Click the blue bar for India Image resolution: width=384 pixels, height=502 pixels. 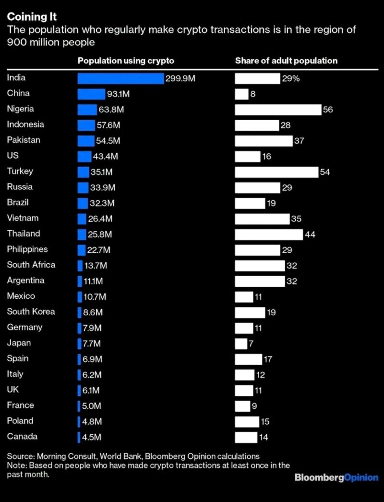pyautogui.click(x=120, y=78)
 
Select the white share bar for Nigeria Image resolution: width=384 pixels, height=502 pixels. pyautogui.click(x=278, y=110)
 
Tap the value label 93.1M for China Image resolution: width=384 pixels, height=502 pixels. pyautogui.click(x=118, y=94)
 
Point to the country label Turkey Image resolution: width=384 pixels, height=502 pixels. pyautogui.click(x=20, y=171)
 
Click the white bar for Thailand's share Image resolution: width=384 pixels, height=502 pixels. pyautogui.click(x=269, y=234)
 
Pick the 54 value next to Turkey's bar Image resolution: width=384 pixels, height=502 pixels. pyautogui.click(x=325, y=172)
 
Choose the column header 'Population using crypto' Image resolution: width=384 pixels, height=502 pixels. pyautogui.click(x=126, y=61)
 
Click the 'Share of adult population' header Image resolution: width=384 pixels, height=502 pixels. pyautogui.click(x=286, y=61)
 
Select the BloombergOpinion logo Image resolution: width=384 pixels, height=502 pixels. pyautogui.click(x=336, y=478)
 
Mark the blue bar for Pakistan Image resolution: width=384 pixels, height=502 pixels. pyautogui.click(x=86, y=141)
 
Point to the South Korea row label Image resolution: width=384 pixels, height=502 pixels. pyautogui.click(x=31, y=312)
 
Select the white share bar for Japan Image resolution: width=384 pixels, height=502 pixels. pyautogui.click(x=241, y=343)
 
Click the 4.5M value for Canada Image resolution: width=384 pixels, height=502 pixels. pyautogui.click(x=92, y=437)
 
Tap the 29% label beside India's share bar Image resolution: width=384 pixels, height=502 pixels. pyautogui.click(x=290, y=79)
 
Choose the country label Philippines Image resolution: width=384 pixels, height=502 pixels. pyautogui.click(x=27, y=249)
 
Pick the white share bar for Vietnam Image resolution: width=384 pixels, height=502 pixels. pyautogui.click(x=262, y=219)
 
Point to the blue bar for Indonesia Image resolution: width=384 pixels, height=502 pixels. pyautogui.click(x=86, y=125)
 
